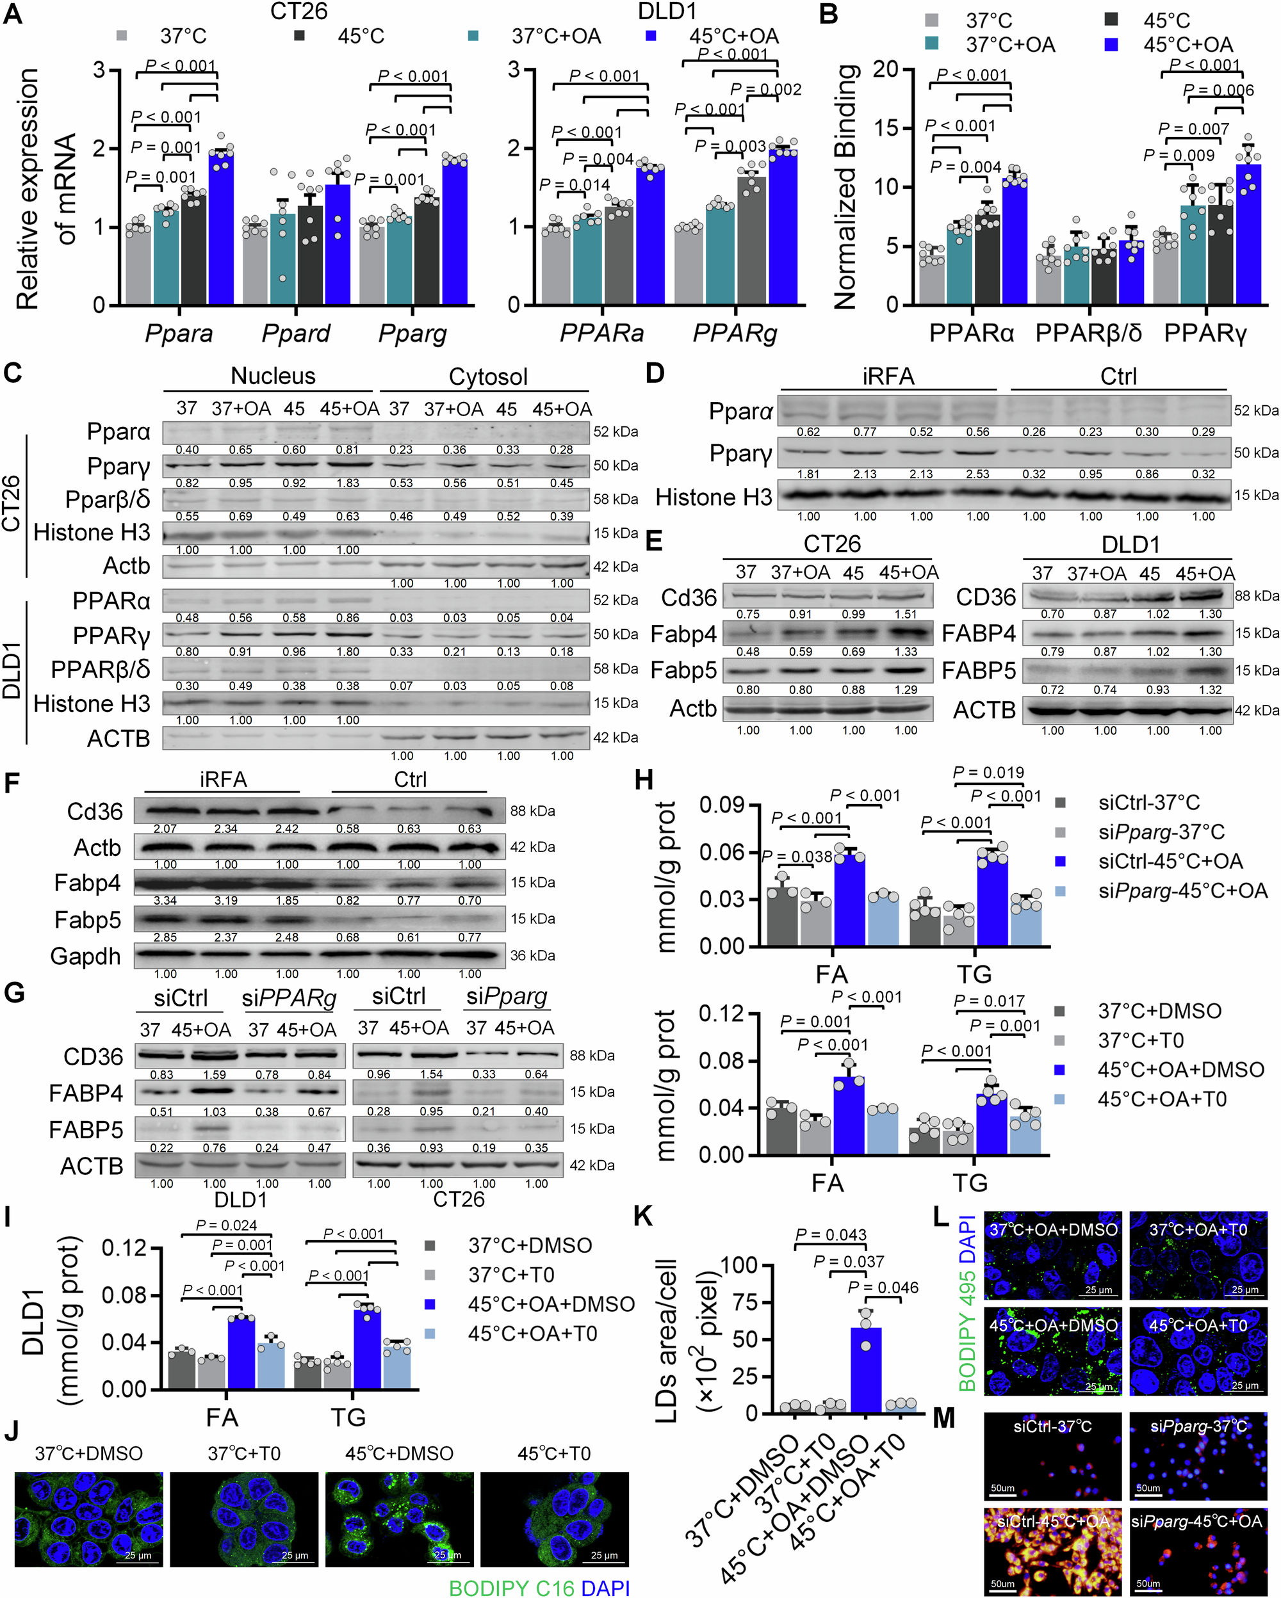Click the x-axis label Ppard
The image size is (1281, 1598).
point(295,334)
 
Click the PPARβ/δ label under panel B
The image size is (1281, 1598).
point(1088,334)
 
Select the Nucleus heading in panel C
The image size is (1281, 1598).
point(273,376)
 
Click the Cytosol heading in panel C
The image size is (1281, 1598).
point(488,376)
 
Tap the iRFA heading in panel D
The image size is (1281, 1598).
point(888,376)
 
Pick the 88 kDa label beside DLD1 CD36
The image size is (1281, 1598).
point(1257,595)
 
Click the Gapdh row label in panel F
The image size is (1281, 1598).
point(85,956)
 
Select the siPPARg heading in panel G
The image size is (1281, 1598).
point(289,998)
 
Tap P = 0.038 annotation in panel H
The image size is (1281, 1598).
point(797,857)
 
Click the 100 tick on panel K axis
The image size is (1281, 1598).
point(738,1264)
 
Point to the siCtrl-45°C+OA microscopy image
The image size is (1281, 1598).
point(1053,1551)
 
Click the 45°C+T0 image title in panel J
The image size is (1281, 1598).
point(554,1453)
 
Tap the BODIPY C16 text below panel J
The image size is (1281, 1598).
point(512,1588)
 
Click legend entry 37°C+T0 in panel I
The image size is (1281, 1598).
point(510,1275)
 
